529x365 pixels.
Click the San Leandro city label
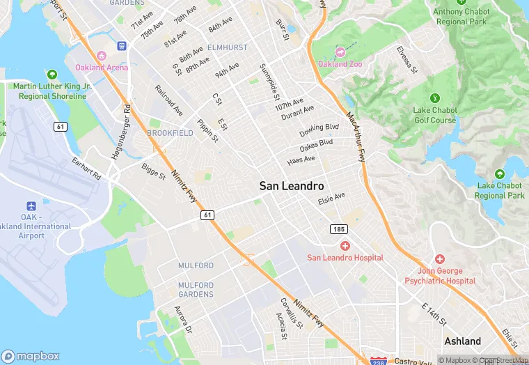[x=291, y=186]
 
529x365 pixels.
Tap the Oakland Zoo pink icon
[x=340, y=52]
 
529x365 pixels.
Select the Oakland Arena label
[x=101, y=68]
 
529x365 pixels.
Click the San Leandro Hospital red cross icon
[x=345, y=246]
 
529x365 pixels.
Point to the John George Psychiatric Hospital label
[x=440, y=275]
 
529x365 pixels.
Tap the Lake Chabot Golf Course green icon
[x=435, y=98]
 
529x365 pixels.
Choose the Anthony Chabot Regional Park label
[x=461, y=16]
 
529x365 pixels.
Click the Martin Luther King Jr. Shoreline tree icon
[x=52, y=74]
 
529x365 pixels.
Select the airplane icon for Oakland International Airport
[x=31, y=207]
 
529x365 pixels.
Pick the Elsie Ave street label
[x=331, y=199]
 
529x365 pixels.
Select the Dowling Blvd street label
[x=319, y=130]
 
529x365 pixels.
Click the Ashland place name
[x=462, y=341]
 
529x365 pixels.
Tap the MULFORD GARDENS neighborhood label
[x=196, y=289]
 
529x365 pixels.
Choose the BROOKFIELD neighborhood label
[x=170, y=132]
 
